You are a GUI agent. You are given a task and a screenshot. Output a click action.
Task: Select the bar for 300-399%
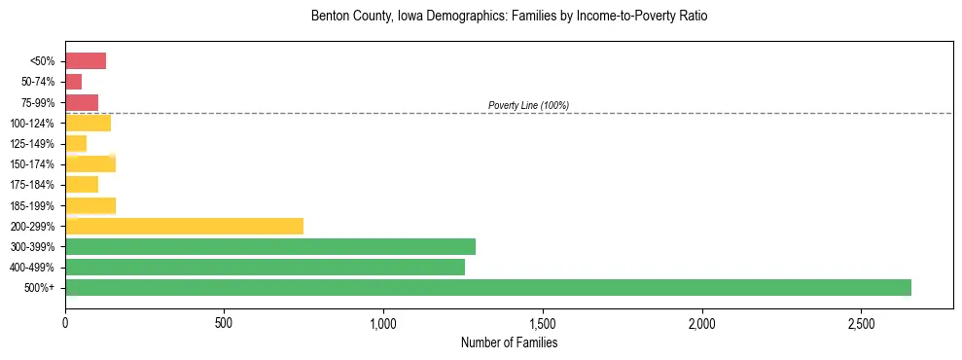[270, 246]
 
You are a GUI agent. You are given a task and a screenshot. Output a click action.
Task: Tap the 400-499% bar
[265, 267]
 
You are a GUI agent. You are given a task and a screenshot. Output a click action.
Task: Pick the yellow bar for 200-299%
[185, 226]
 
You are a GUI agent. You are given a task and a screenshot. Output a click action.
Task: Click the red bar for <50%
[86, 61]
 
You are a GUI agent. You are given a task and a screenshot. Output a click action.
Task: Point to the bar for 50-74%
[74, 82]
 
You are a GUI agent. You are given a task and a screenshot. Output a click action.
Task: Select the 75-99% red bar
[82, 102]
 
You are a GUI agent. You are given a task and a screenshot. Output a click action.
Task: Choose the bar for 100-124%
[88, 123]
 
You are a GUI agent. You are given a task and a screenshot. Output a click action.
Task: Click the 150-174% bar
[90, 163]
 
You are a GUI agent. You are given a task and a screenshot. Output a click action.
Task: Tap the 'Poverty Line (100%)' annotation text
[528, 105]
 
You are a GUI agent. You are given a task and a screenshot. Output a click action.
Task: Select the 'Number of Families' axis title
[509, 342]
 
